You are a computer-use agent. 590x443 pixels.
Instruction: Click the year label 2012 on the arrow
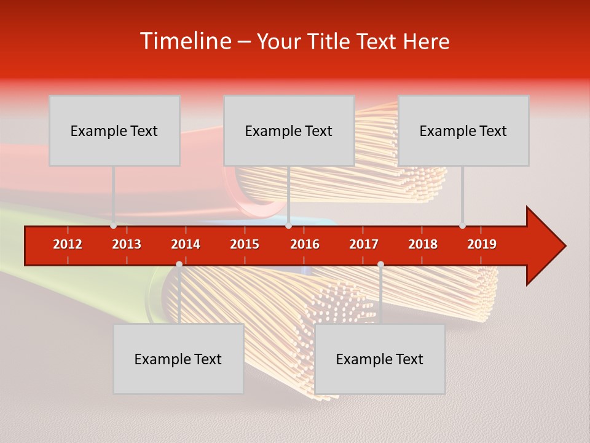click(68, 244)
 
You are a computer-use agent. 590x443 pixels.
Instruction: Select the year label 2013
click(127, 244)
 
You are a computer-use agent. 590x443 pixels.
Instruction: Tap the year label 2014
click(186, 244)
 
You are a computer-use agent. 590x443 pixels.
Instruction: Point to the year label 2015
click(245, 244)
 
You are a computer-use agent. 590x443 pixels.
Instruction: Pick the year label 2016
click(305, 244)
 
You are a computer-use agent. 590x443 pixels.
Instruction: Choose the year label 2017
click(364, 244)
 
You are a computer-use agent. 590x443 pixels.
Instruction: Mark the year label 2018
click(423, 244)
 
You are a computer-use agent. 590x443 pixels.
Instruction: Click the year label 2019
click(482, 244)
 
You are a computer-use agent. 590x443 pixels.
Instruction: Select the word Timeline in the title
click(185, 41)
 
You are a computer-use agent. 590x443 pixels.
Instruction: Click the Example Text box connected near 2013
click(114, 130)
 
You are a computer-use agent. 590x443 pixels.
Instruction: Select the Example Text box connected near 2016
click(289, 130)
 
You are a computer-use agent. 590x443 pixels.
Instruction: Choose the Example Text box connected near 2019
click(463, 130)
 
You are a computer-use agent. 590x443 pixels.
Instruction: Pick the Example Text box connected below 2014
click(178, 359)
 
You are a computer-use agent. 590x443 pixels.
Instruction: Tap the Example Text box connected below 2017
click(380, 359)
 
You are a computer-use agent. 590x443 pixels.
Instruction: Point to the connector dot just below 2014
click(179, 264)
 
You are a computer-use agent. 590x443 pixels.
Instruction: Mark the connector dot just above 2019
click(462, 226)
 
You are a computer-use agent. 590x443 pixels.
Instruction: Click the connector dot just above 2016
click(288, 226)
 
